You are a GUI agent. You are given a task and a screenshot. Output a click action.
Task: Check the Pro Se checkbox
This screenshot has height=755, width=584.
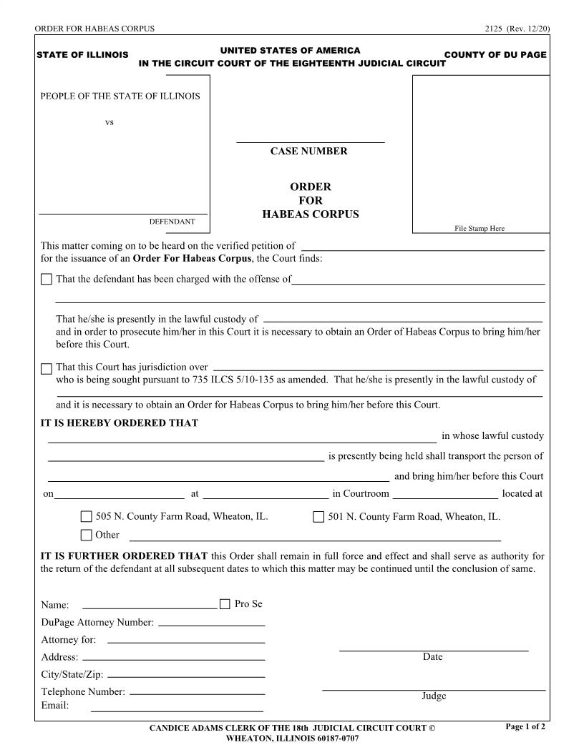[x=225, y=604]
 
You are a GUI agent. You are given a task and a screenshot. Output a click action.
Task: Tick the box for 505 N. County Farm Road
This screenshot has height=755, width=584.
[x=87, y=517]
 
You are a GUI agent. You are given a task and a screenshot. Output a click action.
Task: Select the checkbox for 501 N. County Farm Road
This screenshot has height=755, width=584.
[x=318, y=517]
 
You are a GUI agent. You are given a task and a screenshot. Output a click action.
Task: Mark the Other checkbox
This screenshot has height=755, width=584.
[x=87, y=535]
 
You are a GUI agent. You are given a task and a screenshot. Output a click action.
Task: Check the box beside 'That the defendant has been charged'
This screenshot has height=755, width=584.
[x=47, y=280]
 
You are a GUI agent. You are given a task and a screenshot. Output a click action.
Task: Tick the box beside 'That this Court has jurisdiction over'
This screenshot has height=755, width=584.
[x=47, y=369]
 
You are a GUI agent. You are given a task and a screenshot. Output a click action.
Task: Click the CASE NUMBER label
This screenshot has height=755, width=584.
[x=308, y=152]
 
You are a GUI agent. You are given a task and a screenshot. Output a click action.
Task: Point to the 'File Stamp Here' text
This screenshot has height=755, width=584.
[x=480, y=229]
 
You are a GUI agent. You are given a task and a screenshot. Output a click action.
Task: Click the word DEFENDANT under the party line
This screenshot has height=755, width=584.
[x=172, y=222]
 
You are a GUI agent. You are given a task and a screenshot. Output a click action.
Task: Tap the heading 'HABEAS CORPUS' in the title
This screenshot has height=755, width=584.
[x=310, y=214]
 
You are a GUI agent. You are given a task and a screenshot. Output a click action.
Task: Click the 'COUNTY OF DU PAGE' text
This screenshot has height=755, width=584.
[x=495, y=55]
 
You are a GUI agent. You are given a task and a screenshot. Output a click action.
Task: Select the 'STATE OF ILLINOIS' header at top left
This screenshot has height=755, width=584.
[x=82, y=55]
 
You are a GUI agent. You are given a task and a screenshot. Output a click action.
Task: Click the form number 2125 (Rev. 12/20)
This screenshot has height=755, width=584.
[x=517, y=29]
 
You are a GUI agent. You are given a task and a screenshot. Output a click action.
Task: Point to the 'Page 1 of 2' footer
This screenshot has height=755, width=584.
[x=525, y=727]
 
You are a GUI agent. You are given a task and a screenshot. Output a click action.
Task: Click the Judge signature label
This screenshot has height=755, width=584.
[x=434, y=696]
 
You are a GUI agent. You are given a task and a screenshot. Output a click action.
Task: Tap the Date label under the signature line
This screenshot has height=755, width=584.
[x=433, y=657]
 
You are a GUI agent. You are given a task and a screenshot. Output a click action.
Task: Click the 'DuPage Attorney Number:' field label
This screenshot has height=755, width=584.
[x=97, y=623]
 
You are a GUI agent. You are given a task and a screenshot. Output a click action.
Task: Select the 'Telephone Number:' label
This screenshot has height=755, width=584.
[x=83, y=692]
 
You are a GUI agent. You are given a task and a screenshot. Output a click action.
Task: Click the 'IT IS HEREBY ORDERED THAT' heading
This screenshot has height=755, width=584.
[x=120, y=423]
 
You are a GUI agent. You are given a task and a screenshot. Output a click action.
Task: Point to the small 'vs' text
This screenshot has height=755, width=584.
[x=109, y=122]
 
